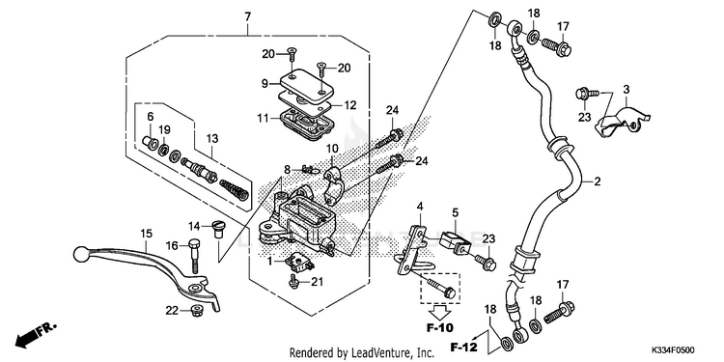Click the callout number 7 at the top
coord(248,17)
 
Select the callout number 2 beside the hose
coord(597,181)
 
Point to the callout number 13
coord(211,138)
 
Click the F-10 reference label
coord(439,328)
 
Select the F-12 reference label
coord(464,346)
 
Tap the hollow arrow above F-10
coord(440,311)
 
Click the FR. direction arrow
coord(35,334)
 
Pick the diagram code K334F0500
coord(673,350)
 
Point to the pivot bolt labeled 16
coord(194,256)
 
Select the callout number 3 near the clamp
coord(627,89)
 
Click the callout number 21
coord(317,281)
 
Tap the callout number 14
coord(194,226)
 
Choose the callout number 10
coord(333,149)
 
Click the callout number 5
coord(455,213)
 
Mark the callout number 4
coord(420,206)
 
